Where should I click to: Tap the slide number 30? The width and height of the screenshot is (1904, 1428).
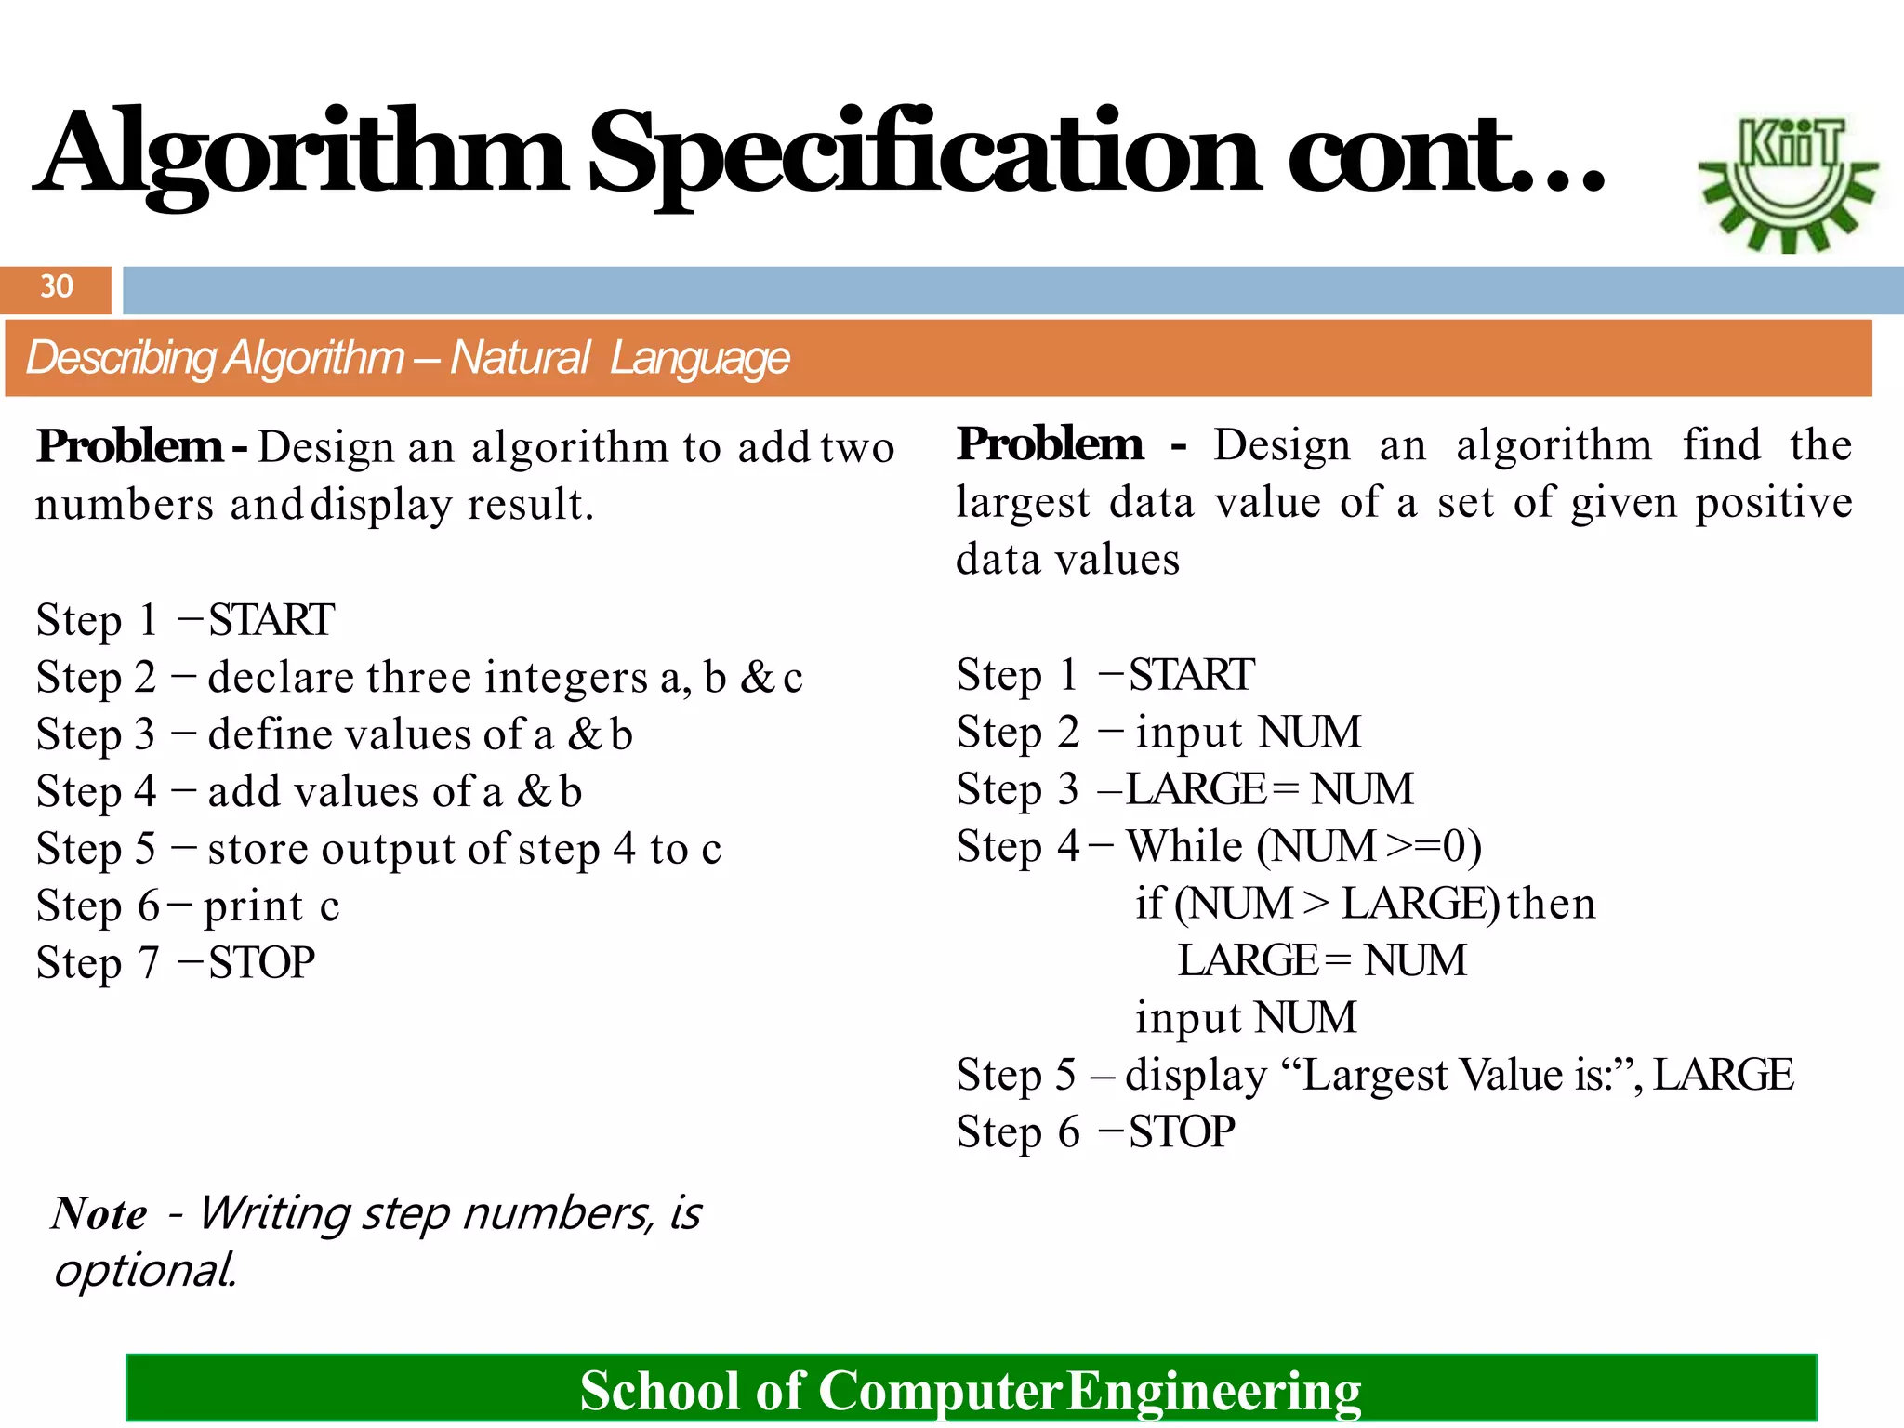(57, 286)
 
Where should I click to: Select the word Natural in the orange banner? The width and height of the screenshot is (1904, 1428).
(520, 358)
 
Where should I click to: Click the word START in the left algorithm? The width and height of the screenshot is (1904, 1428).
(271, 620)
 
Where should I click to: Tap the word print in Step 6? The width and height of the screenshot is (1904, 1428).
(254, 906)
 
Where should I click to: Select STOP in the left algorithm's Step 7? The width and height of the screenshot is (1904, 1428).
(262, 963)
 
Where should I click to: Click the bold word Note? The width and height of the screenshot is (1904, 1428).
(99, 1214)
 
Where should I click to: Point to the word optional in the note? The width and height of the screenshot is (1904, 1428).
(145, 1271)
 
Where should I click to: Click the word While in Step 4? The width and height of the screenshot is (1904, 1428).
(1184, 847)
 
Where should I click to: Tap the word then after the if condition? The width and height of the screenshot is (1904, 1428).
(1551, 904)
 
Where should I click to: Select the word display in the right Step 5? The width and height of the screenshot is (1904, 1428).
(1196, 1076)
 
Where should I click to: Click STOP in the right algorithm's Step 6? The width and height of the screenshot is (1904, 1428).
(1183, 1132)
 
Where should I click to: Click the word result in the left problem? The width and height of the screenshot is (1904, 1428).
(530, 505)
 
